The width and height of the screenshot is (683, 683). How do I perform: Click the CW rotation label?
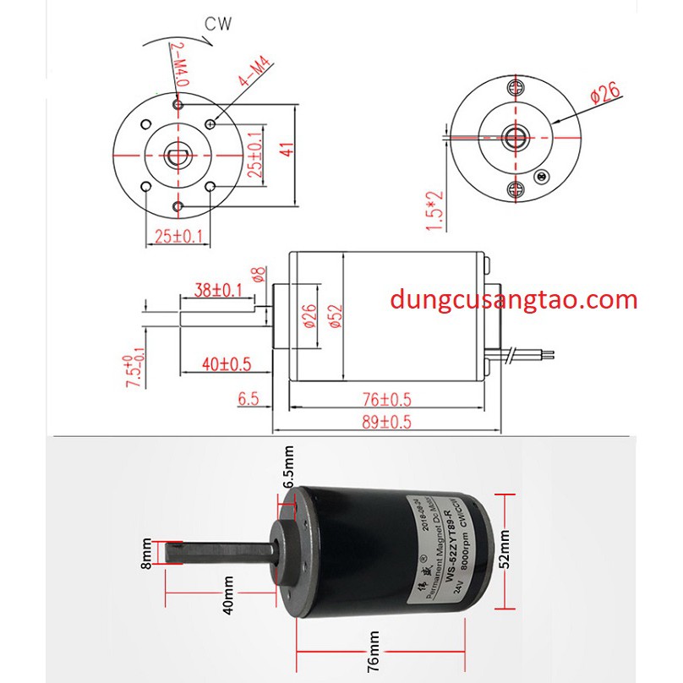point(217,23)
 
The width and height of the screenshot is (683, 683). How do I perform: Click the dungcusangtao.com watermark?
point(514,300)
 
